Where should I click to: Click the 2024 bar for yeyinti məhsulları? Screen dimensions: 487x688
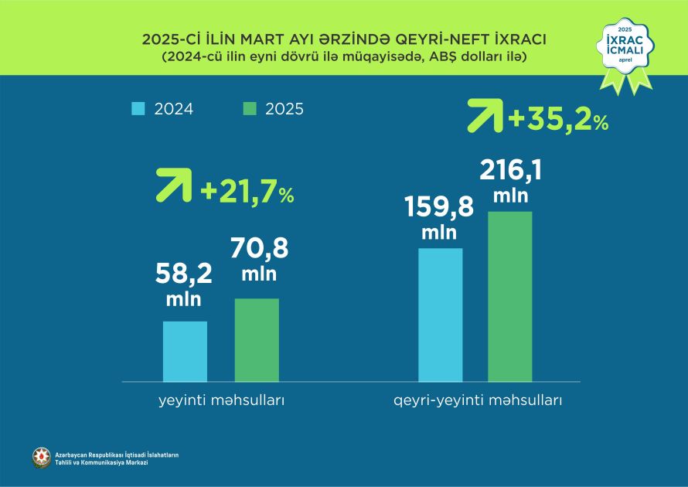pos(185,351)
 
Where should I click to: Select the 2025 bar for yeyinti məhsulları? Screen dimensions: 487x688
pos(257,339)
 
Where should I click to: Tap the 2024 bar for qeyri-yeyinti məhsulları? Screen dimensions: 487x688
pos(440,315)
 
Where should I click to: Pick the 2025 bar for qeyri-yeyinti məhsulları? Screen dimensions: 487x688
pos(510,296)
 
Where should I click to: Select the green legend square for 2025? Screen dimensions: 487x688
pos(248,109)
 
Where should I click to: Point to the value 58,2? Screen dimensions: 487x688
pos(185,274)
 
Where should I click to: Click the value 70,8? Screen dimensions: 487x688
pos(259,250)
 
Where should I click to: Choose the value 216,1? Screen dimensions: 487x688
pos(511,169)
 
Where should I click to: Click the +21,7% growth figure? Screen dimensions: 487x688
pos(247,192)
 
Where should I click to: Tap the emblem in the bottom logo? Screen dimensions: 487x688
pos(42,458)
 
